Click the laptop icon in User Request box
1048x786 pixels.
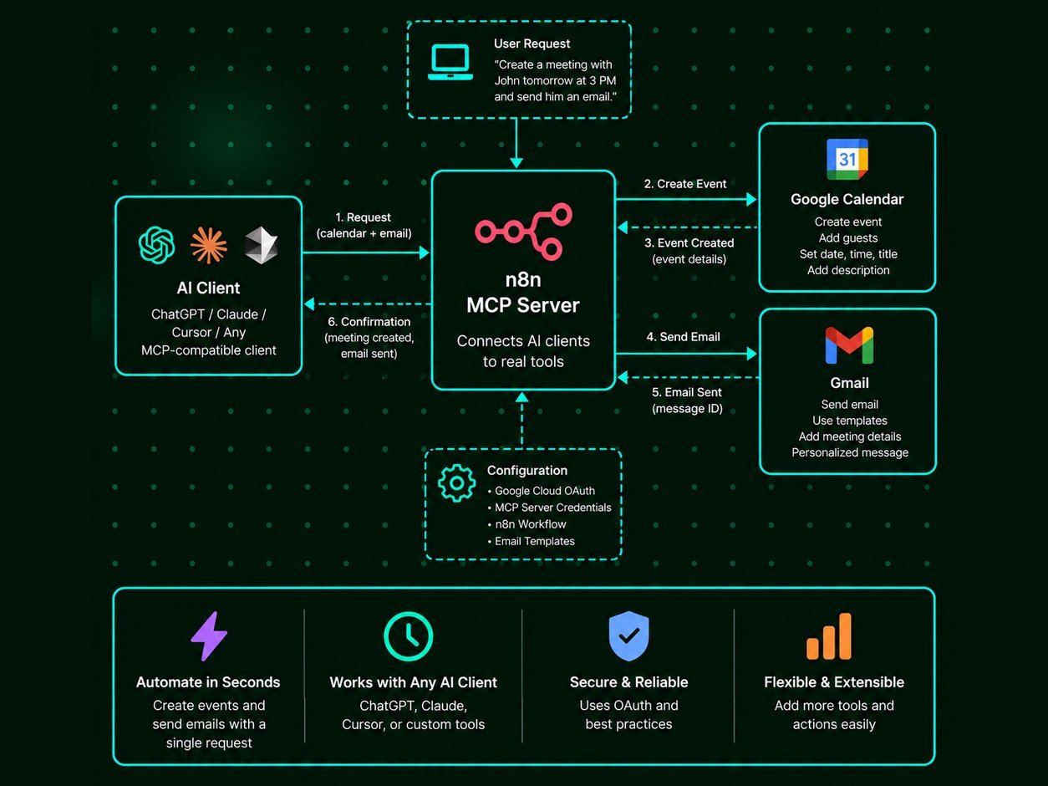pos(450,63)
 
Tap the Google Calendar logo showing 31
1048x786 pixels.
pos(847,159)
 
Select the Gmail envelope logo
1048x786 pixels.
pos(849,345)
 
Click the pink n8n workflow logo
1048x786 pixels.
pos(523,232)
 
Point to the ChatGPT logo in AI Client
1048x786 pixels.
pos(156,245)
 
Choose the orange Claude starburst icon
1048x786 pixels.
pos(209,246)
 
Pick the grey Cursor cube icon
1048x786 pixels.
pos(261,245)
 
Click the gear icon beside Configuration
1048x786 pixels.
pos(456,482)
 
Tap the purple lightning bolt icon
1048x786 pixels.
pos(209,636)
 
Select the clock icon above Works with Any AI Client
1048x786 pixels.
pos(408,636)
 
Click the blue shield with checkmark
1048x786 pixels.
pos(628,636)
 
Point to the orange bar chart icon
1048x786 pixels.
pos(829,636)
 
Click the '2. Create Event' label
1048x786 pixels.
pos(684,184)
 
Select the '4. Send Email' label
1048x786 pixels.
pos(683,337)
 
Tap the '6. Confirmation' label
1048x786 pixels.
pos(369,321)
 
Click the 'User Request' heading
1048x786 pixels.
pos(532,43)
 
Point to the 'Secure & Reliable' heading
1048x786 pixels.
pos(628,682)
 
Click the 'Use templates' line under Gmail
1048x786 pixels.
pos(850,421)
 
